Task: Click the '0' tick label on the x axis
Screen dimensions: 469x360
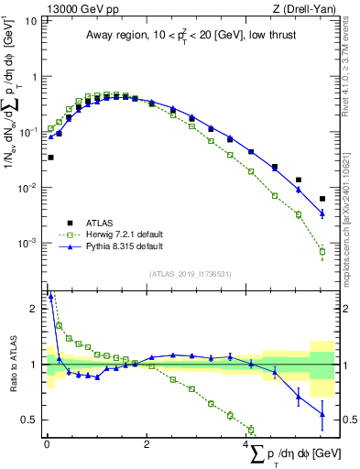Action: click(x=47, y=444)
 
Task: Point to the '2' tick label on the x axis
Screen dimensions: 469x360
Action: click(x=147, y=444)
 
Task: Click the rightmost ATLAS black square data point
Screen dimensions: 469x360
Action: click(x=322, y=199)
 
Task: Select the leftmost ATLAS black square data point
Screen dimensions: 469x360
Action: click(x=50, y=158)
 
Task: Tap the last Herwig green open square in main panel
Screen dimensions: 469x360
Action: click(x=322, y=251)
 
